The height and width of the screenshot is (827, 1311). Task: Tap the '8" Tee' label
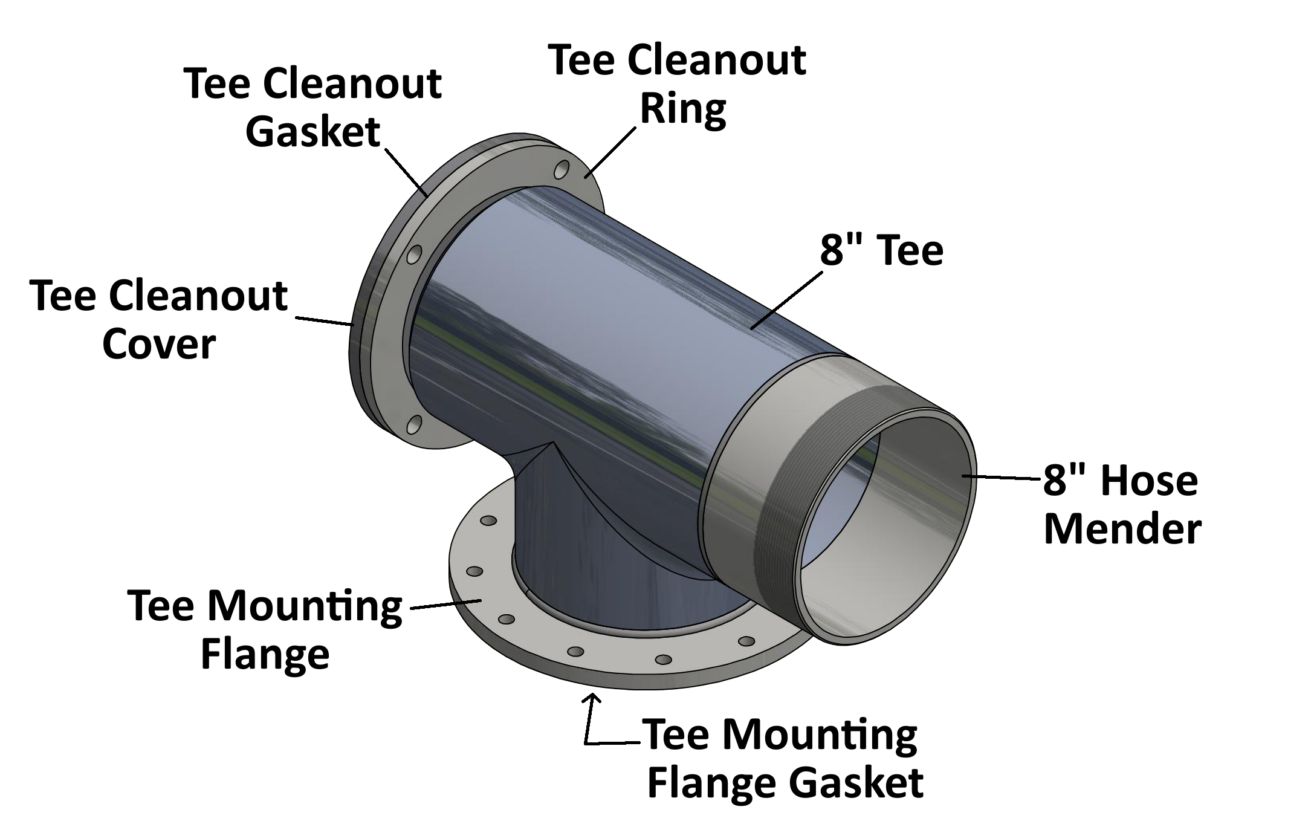pos(881,250)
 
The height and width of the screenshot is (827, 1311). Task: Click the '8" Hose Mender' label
pos(1121,505)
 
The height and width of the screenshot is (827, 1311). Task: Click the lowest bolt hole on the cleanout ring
pos(414,425)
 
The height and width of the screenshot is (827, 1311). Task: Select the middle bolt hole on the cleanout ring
pos(414,255)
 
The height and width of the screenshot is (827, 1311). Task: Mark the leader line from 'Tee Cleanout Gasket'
pos(406,172)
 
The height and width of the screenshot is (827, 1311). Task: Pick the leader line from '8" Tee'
pos(786,300)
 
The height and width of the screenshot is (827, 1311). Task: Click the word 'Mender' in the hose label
pos(1122,529)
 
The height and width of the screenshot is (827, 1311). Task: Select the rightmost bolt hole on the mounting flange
pos(747,641)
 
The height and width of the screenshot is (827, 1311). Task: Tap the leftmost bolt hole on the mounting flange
pos(474,571)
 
